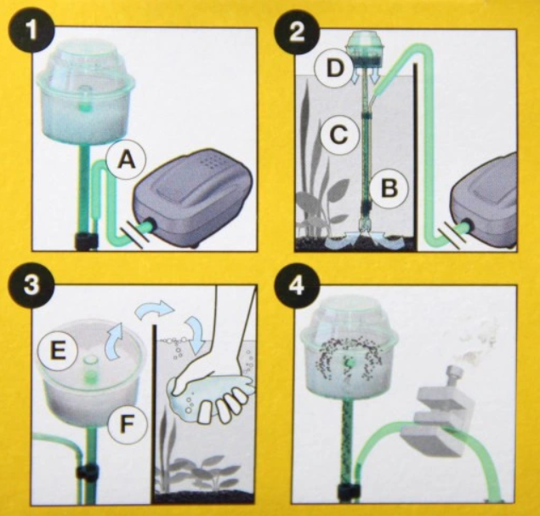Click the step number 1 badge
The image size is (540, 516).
pos(31,31)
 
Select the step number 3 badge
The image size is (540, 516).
pos(31,286)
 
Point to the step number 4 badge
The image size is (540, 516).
pos(297,287)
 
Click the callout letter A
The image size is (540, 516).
pos(127,160)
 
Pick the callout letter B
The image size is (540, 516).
pos(389,189)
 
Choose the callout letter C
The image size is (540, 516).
pos(338,135)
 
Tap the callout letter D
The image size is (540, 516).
pos(334,68)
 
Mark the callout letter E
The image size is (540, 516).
pos(57,351)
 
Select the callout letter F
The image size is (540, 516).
pos(127,424)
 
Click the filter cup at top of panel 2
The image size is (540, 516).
pos(365,51)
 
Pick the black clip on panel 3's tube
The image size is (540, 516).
pos(87,473)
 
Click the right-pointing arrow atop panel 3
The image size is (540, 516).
pos(154,309)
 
